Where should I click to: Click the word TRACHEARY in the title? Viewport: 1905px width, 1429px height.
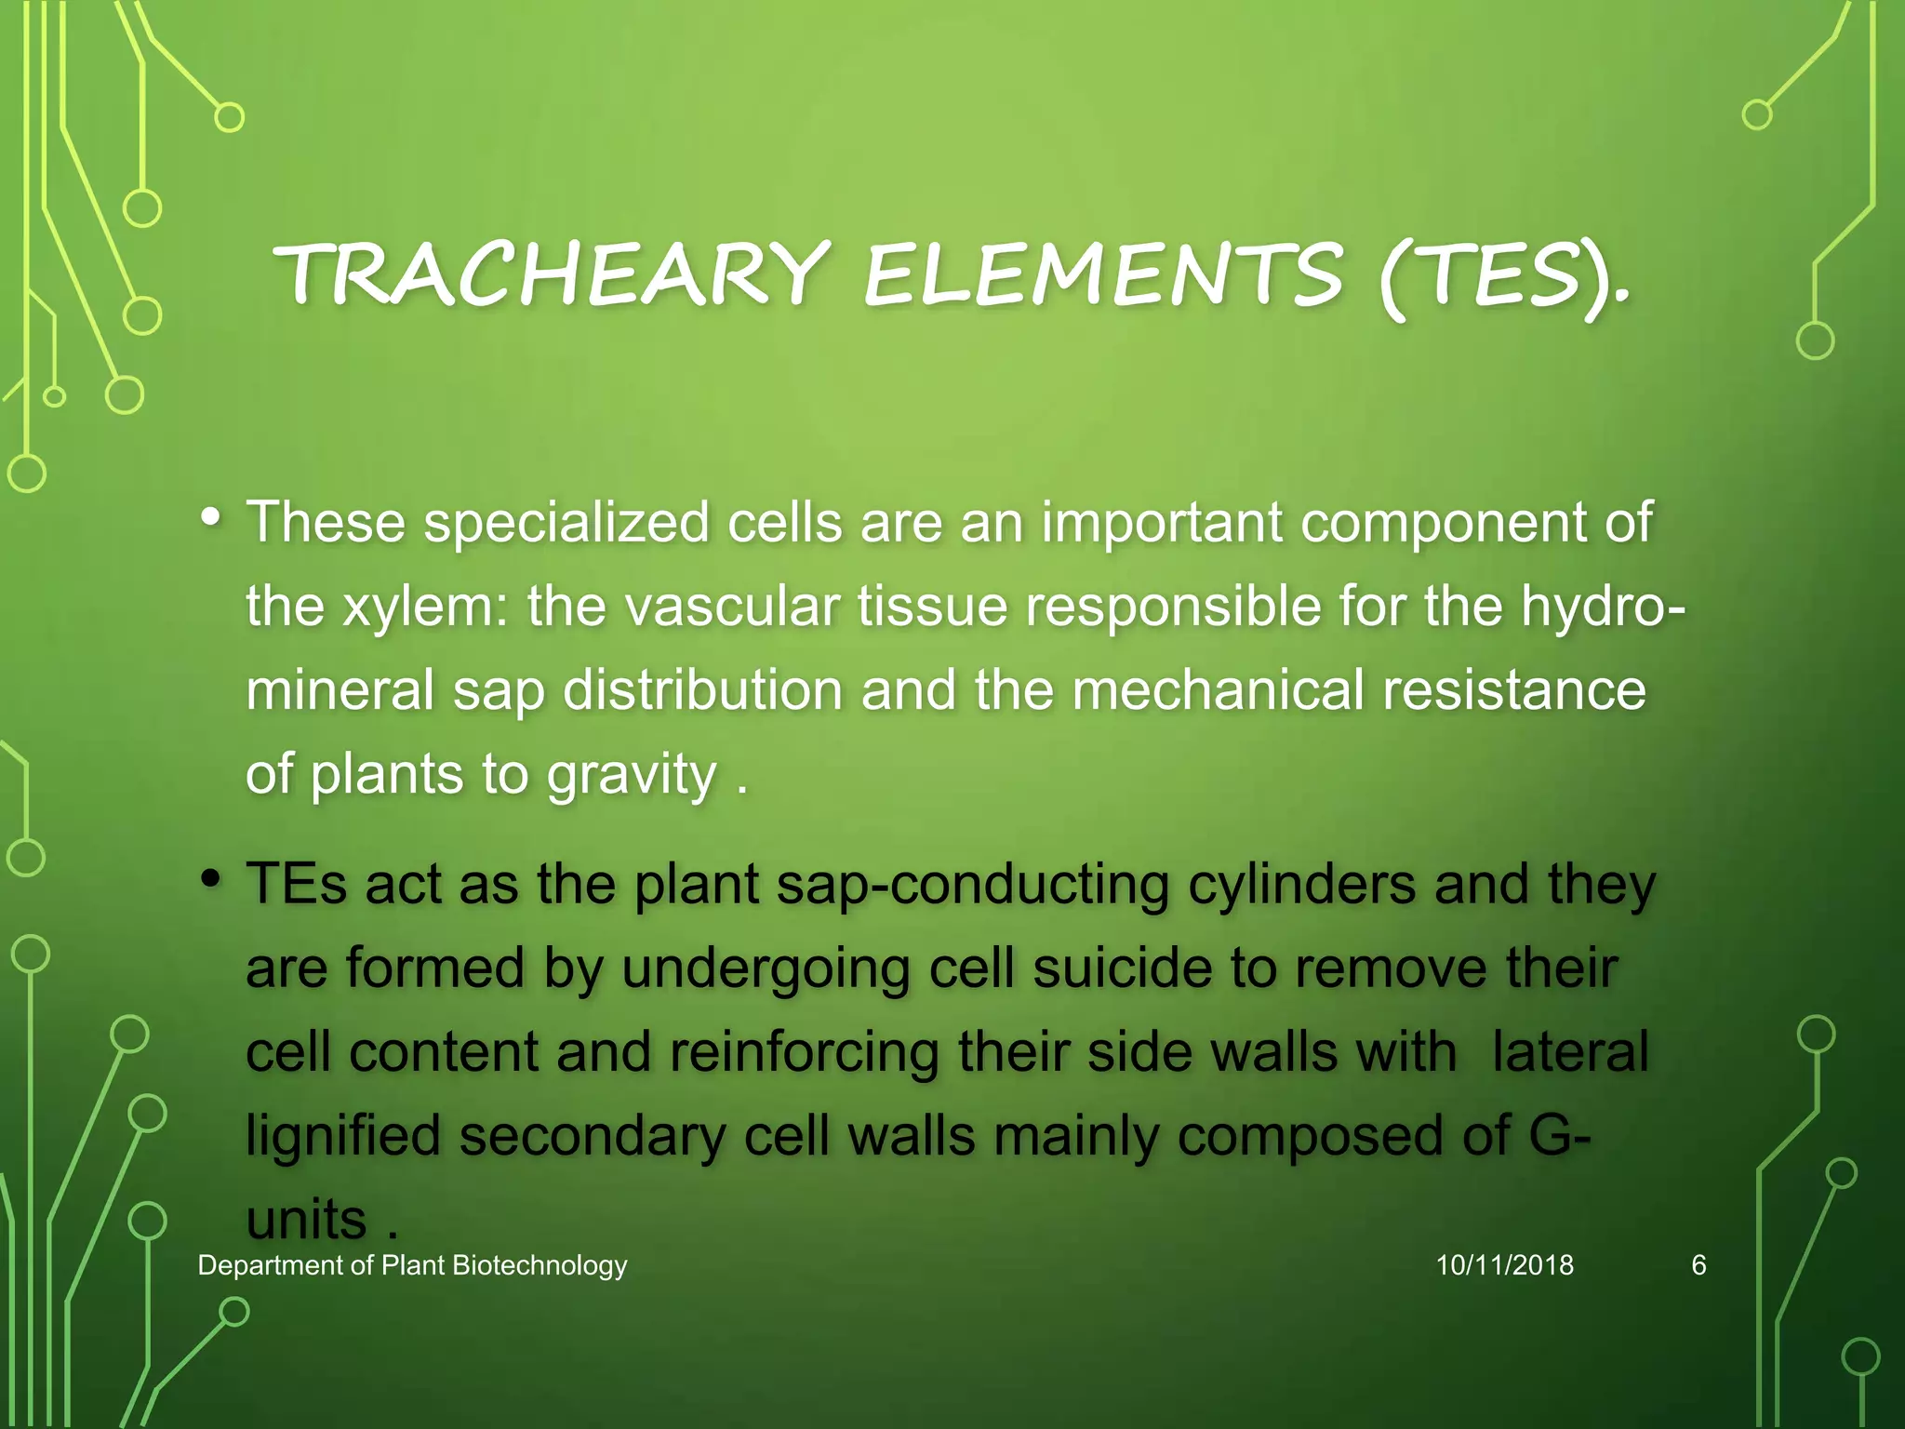(x=553, y=274)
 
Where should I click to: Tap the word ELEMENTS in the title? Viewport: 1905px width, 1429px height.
(x=1103, y=274)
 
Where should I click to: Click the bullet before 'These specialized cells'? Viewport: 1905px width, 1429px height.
(x=211, y=516)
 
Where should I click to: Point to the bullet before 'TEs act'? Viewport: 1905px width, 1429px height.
(x=211, y=878)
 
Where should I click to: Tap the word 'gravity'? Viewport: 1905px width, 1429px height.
(x=632, y=774)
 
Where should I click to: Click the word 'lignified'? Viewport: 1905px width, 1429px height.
(x=343, y=1136)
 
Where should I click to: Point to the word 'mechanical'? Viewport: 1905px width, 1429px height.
(x=1218, y=689)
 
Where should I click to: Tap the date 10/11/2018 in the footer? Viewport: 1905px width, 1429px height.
(x=1504, y=1265)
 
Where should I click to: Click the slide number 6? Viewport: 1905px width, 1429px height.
(x=1699, y=1265)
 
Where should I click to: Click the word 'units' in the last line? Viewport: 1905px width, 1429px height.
(x=306, y=1220)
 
